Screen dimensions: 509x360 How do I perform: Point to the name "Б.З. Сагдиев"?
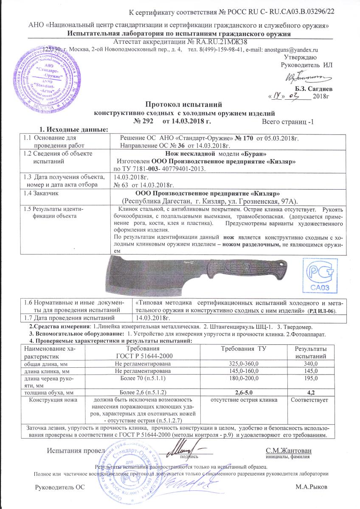pyautogui.click(x=314, y=89)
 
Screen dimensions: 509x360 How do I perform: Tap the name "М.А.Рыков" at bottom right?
pyautogui.click(x=314, y=487)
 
